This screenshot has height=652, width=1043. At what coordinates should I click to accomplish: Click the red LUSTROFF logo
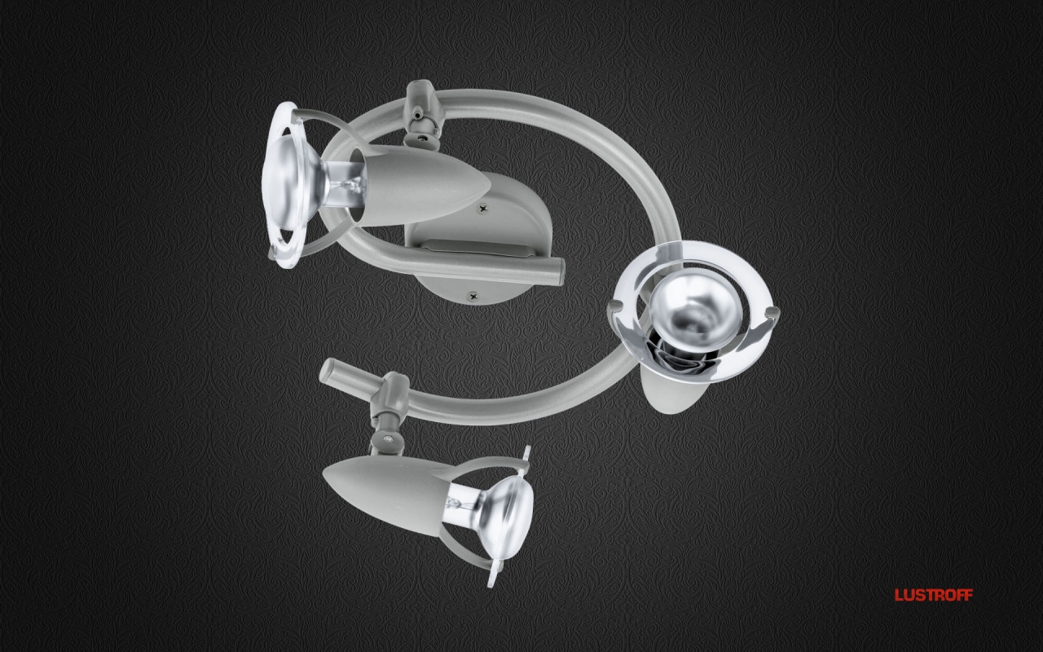(934, 595)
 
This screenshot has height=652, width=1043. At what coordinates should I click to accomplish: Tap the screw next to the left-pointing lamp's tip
(482, 210)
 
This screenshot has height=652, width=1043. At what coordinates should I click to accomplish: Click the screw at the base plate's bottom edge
(473, 295)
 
